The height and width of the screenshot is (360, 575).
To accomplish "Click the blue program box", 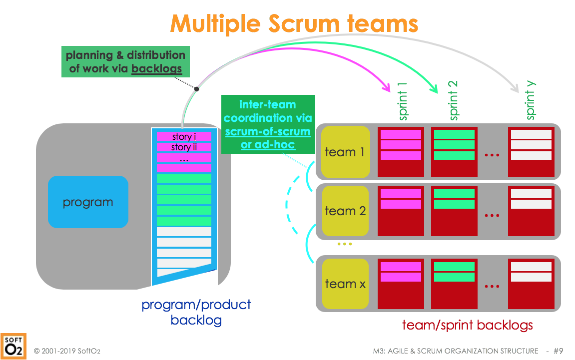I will tap(88, 202).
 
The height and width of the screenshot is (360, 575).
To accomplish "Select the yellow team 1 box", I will tap(345, 152).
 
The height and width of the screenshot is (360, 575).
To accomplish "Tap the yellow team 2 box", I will tap(345, 211).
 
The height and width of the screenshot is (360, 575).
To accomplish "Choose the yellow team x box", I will tap(345, 284).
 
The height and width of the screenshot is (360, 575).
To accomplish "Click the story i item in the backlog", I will tap(184, 136).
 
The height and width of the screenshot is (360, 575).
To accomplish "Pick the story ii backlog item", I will tap(184, 147).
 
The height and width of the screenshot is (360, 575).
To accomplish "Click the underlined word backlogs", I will tap(156, 69).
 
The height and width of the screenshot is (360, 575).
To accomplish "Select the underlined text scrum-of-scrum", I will tap(268, 132).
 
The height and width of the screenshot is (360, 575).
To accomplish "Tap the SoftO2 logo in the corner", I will tap(13, 346).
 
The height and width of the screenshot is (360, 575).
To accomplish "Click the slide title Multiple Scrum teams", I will tap(294, 23).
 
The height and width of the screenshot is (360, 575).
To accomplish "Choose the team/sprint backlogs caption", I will tap(467, 325).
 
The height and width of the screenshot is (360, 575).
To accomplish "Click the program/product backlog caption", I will tap(196, 312).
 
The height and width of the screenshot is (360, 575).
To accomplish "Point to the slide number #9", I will tap(558, 351).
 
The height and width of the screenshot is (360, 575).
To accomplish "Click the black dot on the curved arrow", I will tap(197, 89).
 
